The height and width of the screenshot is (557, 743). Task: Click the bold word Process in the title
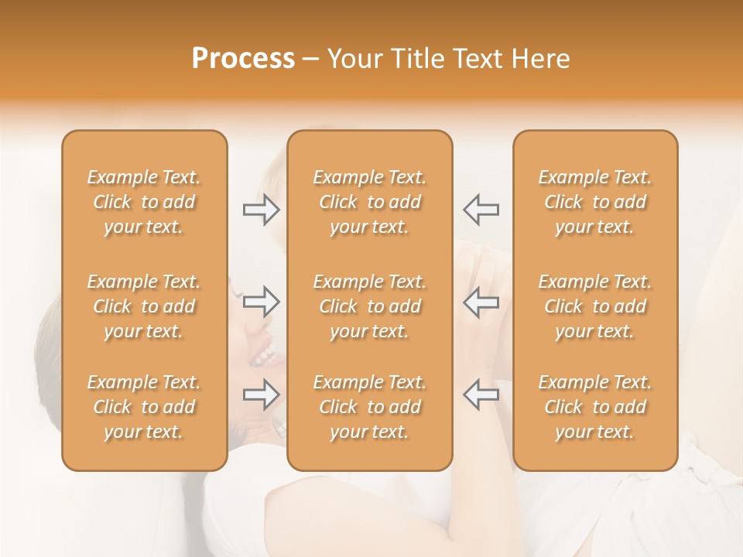(243, 59)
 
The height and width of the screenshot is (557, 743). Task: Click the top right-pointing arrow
(262, 210)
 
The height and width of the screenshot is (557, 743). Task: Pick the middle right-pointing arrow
(262, 301)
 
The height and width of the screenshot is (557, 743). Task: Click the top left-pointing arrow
(481, 209)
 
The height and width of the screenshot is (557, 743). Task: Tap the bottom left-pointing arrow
(481, 394)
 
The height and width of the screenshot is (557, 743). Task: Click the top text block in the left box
(144, 202)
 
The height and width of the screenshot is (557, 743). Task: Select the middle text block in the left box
(144, 306)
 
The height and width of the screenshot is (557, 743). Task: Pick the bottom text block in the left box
(144, 407)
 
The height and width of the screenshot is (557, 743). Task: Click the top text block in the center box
(370, 202)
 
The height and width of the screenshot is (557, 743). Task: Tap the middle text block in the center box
(370, 306)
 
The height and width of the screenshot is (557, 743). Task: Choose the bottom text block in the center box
(370, 407)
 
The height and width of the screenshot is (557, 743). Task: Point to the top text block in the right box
(595, 202)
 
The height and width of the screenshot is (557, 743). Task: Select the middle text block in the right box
(595, 306)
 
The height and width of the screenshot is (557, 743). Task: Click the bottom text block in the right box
(595, 407)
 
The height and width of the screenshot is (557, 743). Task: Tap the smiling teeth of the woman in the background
(264, 355)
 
